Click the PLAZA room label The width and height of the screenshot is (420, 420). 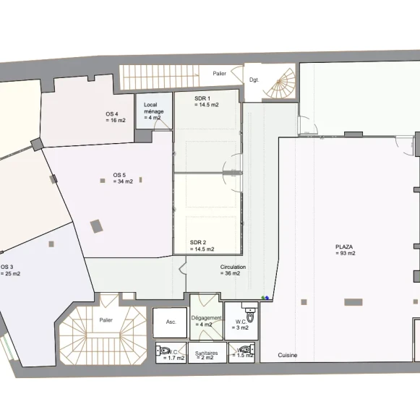(344, 247)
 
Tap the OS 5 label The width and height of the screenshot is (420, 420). (119, 175)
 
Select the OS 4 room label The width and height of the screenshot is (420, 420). (112, 114)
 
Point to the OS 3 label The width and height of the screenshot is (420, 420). (7, 267)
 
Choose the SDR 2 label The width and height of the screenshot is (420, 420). (198, 243)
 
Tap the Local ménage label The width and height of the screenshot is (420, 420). (153, 108)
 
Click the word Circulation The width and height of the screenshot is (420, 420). (233, 267)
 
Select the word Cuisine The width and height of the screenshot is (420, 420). (288, 355)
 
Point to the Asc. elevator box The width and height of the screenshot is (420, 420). (170, 322)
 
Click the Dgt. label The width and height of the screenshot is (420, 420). (254, 80)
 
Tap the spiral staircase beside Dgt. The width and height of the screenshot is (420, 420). (278, 83)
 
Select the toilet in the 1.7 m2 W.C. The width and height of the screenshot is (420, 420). (163, 350)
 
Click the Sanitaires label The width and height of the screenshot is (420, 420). (206, 353)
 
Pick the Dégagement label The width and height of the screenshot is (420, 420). (206, 318)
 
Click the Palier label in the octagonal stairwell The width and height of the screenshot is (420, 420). (106, 320)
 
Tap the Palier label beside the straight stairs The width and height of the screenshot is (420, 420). (219, 74)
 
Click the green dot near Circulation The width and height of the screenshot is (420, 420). (263, 298)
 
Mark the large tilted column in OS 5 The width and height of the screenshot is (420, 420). (96, 226)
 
